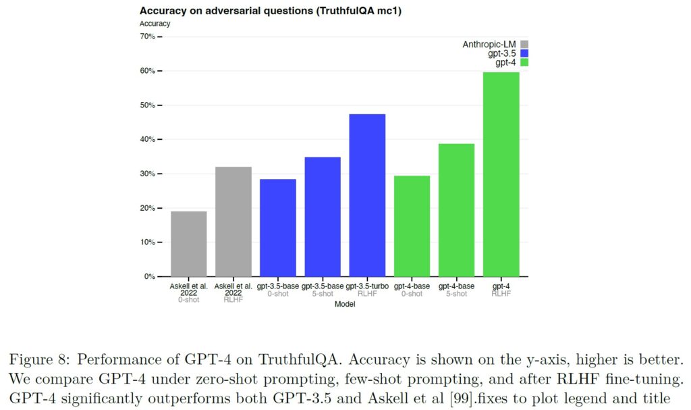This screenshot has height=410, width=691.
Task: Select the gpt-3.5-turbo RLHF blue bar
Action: click(x=367, y=195)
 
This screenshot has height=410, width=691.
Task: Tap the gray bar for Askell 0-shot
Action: click(x=189, y=244)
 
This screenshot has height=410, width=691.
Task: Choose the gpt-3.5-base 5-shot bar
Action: click(x=323, y=217)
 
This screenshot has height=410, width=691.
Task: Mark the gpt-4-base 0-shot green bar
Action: click(x=412, y=226)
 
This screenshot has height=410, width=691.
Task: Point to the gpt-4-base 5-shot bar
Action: click(x=457, y=210)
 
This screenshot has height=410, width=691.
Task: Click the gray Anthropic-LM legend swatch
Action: click(x=524, y=45)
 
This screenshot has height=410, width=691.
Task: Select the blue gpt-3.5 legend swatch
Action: click(x=524, y=53)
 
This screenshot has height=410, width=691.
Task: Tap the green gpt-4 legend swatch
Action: click(x=524, y=62)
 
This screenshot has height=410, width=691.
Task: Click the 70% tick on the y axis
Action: click(x=147, y=36)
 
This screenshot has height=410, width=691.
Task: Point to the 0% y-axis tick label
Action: click(x=149, y=277)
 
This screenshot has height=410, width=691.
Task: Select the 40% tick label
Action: click(x=147, y=140)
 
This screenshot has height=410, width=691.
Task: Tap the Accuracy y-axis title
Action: click(x=155, y=24)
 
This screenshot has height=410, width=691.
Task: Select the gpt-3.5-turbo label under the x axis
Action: click(x=367, y=286)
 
